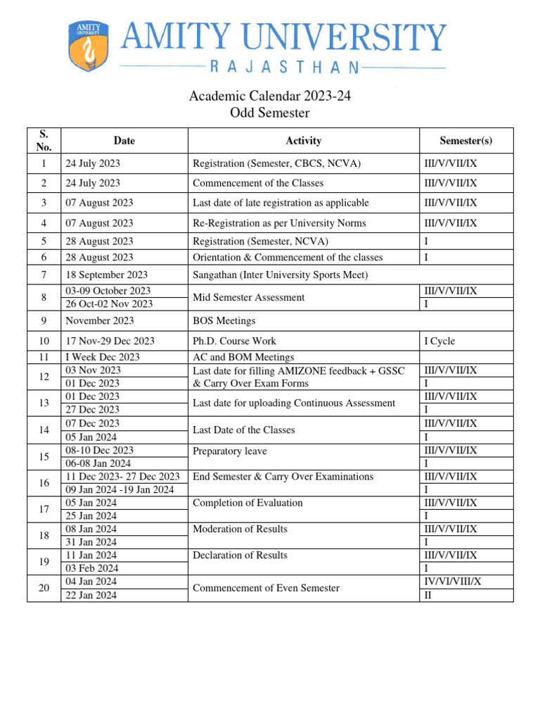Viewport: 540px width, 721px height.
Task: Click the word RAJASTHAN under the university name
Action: pos(285,68)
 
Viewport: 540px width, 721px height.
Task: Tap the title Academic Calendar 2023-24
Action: pos(270,96)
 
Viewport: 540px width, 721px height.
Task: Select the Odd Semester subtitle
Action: pos(270,113)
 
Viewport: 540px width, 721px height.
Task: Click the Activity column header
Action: pos(304,141)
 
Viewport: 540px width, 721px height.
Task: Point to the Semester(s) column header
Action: pos(466,141)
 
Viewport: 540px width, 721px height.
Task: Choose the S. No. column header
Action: pos(44,141)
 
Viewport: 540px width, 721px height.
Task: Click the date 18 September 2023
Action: pos(106,275)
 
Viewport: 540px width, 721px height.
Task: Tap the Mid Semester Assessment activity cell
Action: pos(249,297)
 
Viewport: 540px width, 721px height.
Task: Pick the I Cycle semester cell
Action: pos(439,341)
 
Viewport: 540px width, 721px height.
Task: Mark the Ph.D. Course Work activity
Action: pos(235,341)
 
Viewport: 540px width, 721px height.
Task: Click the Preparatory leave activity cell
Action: pos(230,451)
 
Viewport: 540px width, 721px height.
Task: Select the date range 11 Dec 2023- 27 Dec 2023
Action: pos(122,477)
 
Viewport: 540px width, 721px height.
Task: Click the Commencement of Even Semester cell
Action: pos(266,588)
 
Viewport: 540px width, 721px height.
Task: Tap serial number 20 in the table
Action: pos(44,588)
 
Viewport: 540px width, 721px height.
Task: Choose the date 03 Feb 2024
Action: pos(92,568)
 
